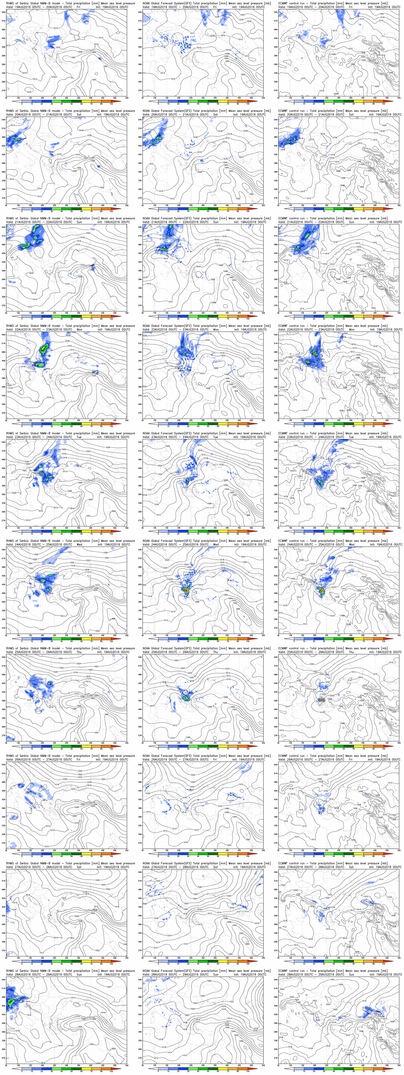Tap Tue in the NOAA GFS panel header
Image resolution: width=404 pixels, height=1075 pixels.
tap(215, 437)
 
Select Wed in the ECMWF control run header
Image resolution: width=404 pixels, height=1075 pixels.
tap(351, 544)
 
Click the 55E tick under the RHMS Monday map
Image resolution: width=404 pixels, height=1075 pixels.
tap(126, 421)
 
